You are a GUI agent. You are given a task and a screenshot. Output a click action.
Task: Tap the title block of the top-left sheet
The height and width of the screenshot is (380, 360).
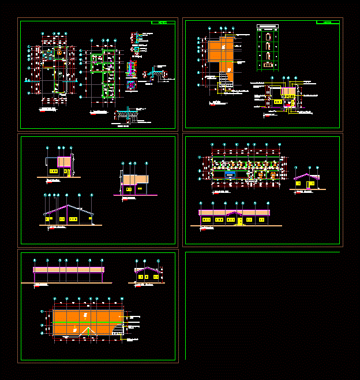click(163, 23)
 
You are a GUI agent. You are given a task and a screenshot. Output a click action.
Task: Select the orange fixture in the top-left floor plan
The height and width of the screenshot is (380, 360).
click(59, 51)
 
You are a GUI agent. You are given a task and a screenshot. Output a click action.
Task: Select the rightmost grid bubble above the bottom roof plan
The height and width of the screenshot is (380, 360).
click(122, 299)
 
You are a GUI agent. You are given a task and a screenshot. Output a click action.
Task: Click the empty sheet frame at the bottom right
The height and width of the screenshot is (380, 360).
click(262, 306)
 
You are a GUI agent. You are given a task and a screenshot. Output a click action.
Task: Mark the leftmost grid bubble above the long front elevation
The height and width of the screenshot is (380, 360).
click(200, 203)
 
